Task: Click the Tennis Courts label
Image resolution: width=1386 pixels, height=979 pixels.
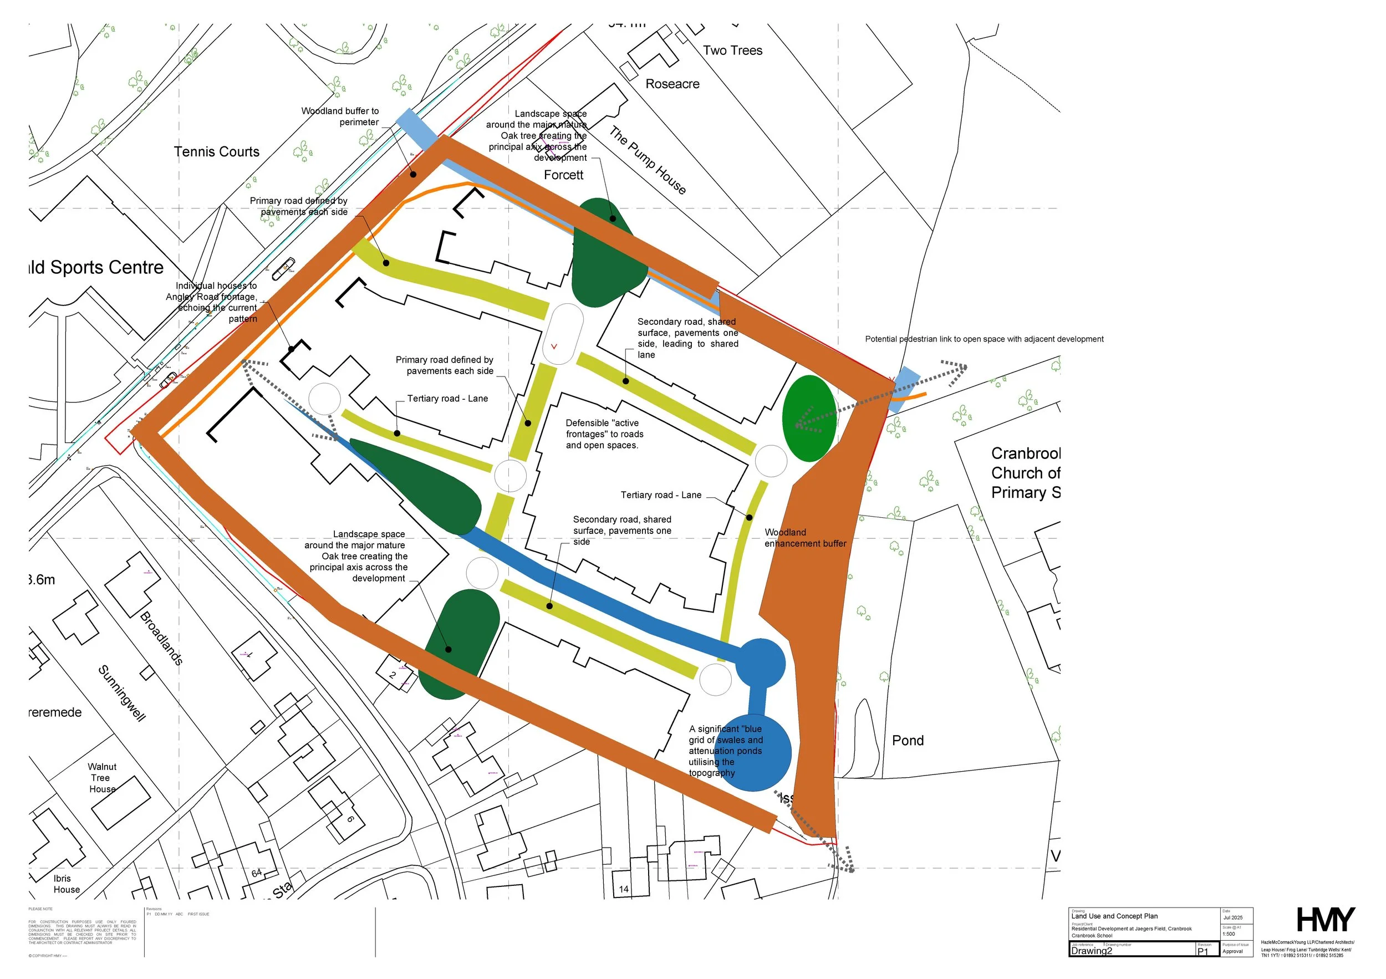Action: pos(216,151)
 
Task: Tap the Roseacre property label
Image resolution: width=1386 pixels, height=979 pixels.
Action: pos(672,84)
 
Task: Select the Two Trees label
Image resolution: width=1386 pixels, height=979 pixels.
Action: pos(732,50)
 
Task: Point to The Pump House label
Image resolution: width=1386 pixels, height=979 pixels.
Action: pos(647,160)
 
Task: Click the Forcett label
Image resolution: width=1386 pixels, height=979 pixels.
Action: pos(563,175)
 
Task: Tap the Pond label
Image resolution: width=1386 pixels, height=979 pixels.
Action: pos(908,741)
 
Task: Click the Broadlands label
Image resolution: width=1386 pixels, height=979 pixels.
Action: pos(161,638)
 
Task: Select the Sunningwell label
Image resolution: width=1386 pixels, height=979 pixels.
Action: pos(122,694)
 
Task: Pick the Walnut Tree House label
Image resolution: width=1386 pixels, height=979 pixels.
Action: pos(102,778)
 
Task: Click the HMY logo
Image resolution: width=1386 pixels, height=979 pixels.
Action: pos(1326,920)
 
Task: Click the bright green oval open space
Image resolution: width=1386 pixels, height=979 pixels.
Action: pos(809,419)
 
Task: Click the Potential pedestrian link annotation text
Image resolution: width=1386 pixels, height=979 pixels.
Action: pos(984,339)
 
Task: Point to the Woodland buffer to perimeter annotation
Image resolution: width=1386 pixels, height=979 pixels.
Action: pos(340,116)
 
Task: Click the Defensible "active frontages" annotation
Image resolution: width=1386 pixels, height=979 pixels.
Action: pos(604,434)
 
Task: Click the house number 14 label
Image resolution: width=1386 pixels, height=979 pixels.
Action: pos(624,889)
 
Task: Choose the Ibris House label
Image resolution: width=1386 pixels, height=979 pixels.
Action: pos(66,884)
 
